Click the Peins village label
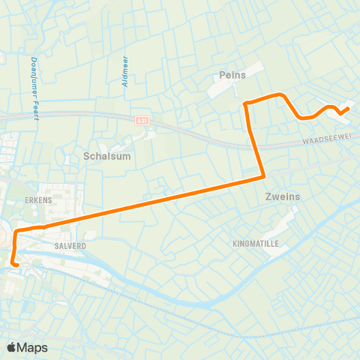[x=232, y=75]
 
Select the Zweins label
[x=282, y=196]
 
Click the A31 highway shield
[x=142, y=120]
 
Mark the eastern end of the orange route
[x=349, y=109]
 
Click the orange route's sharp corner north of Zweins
[x=264, y=177]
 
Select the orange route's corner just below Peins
[x=246, y=102]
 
